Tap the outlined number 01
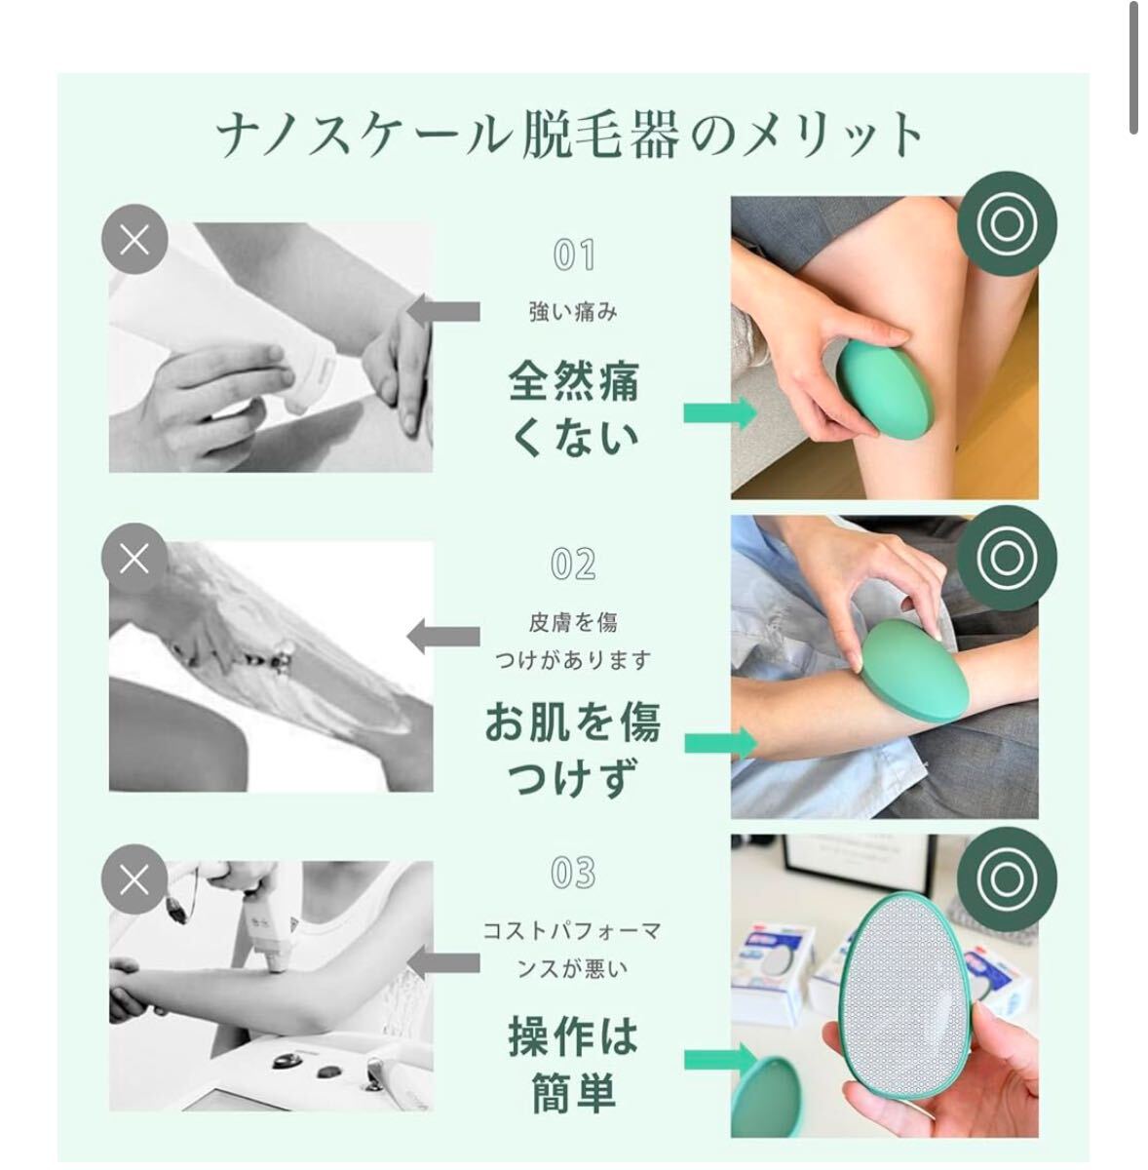[574, 254]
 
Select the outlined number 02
[573, 565]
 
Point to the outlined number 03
[573, 873]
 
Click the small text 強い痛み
[573, 313]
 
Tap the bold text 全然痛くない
[574, 409]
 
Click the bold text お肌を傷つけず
[573, 749]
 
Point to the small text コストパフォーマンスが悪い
[572, 951]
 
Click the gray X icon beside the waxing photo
[134, 239]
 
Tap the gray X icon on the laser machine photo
[134, 879]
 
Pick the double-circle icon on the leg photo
[1006, 223]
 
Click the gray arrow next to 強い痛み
[443, 311]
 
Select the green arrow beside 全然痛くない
[720, 412]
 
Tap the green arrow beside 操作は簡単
[720, 1059]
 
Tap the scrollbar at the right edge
[1132, 68]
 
